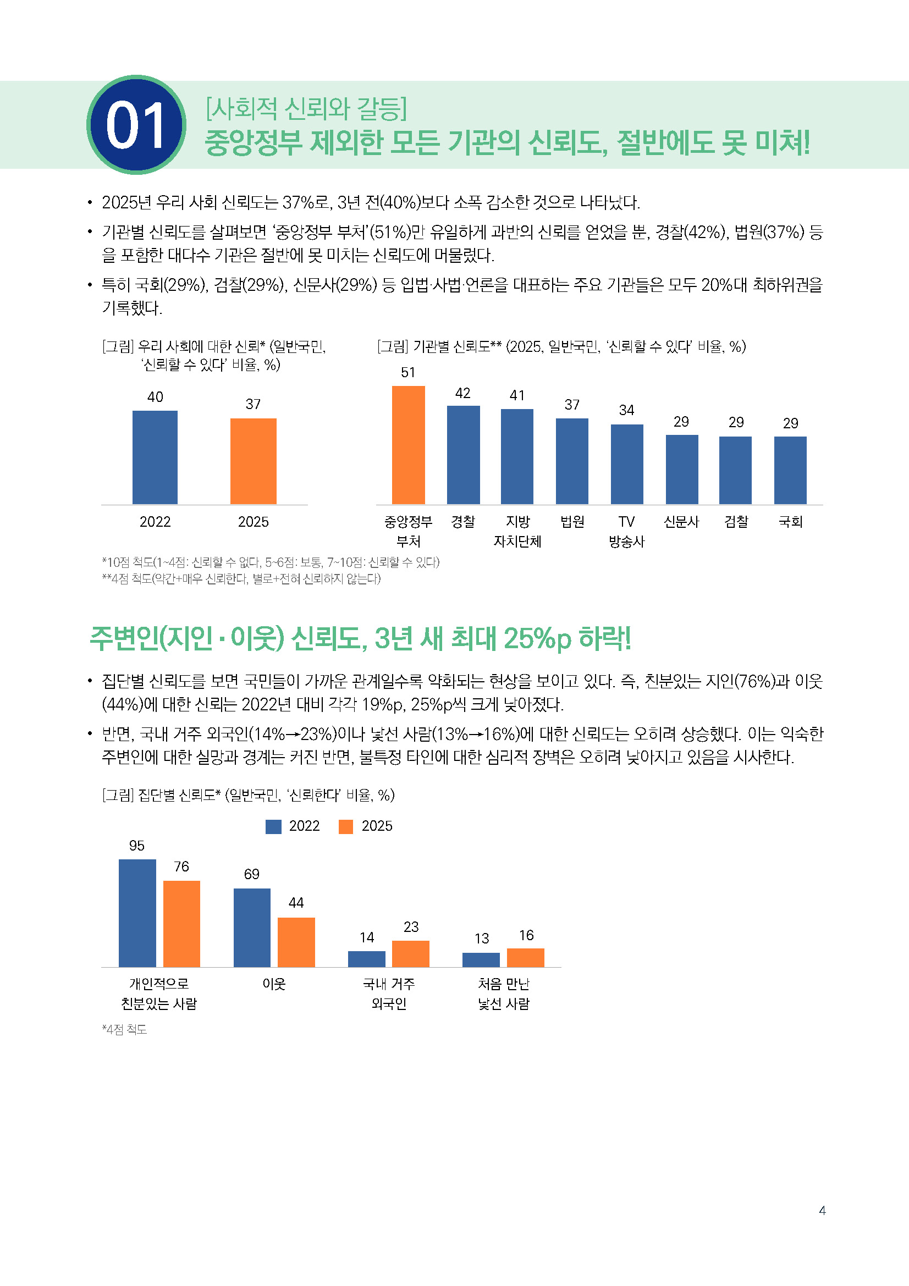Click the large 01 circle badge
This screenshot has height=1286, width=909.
click(x=136, y=124)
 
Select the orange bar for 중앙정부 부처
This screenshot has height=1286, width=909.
click(x=407, y=445)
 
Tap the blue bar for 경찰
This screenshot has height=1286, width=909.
click(x=463, y=454)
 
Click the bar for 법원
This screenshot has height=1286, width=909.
click(x=572, y=461)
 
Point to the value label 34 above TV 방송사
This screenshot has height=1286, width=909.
click(x=626, y=411)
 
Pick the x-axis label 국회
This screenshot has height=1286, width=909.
click(x=790, y=522)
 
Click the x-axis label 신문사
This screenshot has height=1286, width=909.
click(x=681, y=522)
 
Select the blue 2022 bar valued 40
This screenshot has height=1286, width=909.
click(x=155, y=457)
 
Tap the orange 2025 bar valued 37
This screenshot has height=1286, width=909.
click(x=253, y=461)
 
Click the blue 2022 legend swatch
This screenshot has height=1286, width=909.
click(x=273, y=827)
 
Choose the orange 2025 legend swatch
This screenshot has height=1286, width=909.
click(x=346, y=827)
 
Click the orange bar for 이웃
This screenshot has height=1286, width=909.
click(x=296, y=942)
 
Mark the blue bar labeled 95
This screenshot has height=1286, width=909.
click(x=137, y=913)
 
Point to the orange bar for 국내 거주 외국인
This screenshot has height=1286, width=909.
click(x=411, y=954)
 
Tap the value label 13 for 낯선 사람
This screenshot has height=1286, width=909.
click(x=482, y=939)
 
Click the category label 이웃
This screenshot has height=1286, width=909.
click(x=274, y=984)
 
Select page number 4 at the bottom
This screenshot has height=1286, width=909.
click(x=822, y=1211)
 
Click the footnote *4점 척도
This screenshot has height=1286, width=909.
click(x=124, y=1029)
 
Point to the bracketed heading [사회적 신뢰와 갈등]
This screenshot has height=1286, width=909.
click(x=306, y=109)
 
